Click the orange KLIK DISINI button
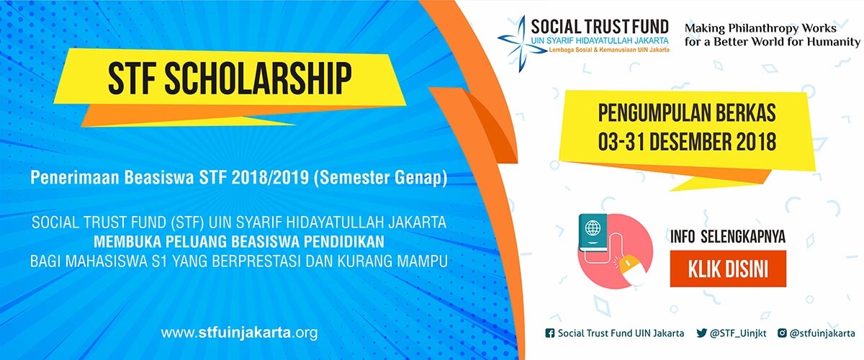pos(728,269)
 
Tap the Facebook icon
pos(549,333)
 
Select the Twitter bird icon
pos(701,333)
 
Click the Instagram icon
pos(782,333)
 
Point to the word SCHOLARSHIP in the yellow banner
pos(258,78)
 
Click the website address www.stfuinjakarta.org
pos(239,333)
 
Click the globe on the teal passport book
pos(593,228)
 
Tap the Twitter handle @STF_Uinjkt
pos(738,333)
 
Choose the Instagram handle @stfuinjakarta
pos(822,333)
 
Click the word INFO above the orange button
pos(683,237)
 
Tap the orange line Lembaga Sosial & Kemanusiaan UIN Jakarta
pos(609,50)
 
